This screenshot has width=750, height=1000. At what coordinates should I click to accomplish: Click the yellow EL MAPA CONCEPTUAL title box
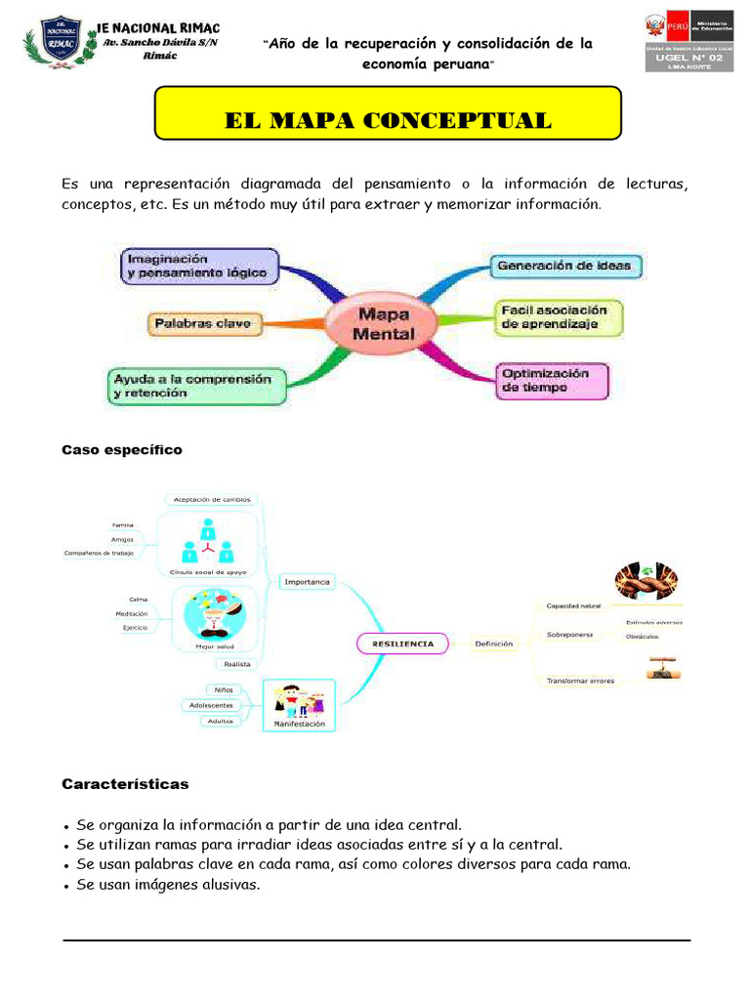[x=388, y=121]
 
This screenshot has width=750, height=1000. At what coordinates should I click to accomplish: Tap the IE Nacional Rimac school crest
[x=61, y=43]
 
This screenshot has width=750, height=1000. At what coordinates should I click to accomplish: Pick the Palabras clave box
[x=205, y=323]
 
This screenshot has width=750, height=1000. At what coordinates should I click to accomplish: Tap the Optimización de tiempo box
[x=552, y=380]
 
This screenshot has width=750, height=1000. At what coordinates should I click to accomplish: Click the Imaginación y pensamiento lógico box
[x=200, y=266]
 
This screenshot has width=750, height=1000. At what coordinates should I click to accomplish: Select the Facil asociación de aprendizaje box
[x=558, y=317]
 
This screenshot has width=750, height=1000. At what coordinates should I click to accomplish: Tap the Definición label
[x=494, y=644]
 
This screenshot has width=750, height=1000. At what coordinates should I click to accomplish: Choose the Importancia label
[x=307, y=582]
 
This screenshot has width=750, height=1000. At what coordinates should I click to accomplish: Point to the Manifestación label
[x=299, y=725]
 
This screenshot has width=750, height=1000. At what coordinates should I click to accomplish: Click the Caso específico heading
[x=122, y=450]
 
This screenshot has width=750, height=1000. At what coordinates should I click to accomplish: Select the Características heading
[x=125, y=784]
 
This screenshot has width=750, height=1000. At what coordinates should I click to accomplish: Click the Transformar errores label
[x=580, y=681]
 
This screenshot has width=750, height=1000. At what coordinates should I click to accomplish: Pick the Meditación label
[x=132, y=613]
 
